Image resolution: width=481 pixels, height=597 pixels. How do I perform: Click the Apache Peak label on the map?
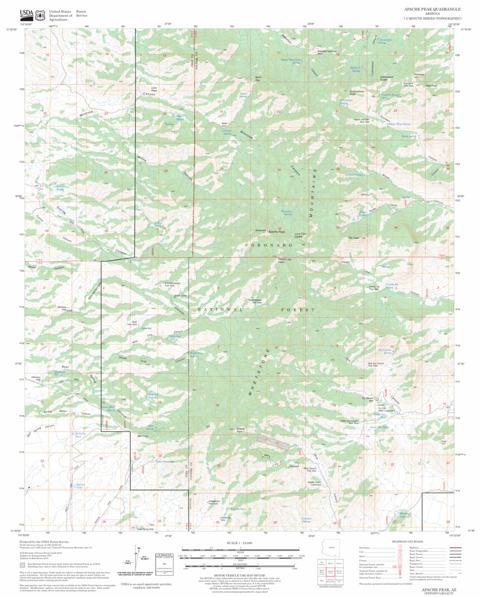point(276,232)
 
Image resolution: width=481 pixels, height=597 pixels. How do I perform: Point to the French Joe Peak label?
point(285,261)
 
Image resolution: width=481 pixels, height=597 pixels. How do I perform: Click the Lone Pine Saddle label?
point(302,235)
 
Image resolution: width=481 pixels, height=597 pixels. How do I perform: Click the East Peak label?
point(431,85)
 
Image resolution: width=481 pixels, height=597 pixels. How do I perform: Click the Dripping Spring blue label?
point(286,213)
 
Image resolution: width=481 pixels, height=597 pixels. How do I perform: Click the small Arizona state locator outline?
point(332,549)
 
